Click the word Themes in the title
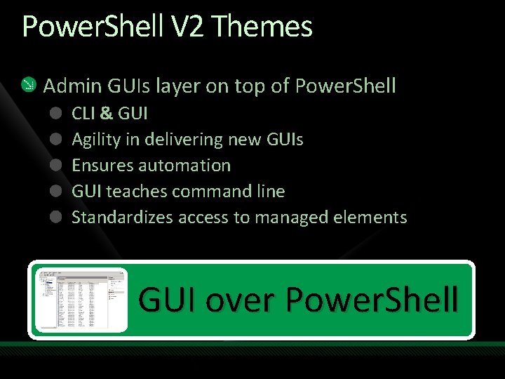[261, 27]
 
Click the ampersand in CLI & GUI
[105, 114]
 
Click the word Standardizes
[122, 218]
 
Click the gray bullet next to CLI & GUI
[55, 113]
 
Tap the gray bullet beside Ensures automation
[55, 165]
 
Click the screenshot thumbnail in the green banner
[81, 300]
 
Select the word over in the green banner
[239, 300]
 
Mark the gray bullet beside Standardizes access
[55, 217]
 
